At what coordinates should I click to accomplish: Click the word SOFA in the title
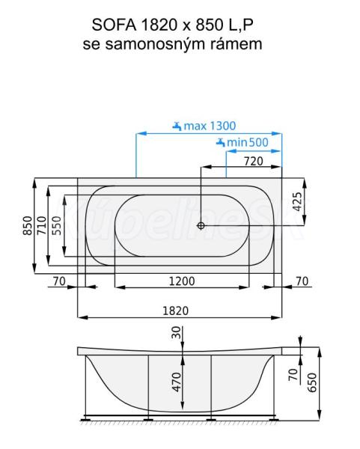114,25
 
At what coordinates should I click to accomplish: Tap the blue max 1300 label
210,126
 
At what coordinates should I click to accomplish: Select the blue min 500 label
248,142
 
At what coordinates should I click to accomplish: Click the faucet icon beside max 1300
177,126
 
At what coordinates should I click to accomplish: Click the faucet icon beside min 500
221,142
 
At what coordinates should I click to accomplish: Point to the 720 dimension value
253,162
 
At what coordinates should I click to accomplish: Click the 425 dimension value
298,201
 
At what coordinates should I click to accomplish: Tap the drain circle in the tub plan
201,226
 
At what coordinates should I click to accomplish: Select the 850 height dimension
28,225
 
